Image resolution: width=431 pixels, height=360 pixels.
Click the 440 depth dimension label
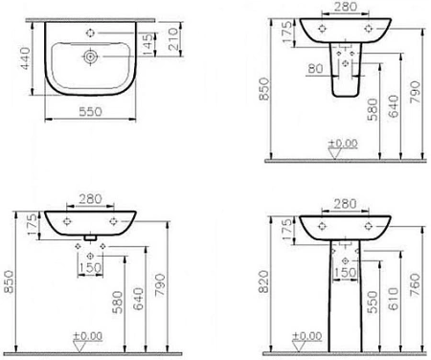[25, 58]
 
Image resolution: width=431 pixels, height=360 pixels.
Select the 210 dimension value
[172, 39]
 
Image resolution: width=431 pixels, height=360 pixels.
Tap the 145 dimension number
[147, 44]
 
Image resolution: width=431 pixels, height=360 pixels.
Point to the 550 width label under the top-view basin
[90, 112]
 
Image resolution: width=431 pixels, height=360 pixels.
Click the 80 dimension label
[315, 69]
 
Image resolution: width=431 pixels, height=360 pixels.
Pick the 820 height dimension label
[264, 281]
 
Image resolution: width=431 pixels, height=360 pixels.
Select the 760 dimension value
[415, 285]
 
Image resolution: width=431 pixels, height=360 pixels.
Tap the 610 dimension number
[394, 299]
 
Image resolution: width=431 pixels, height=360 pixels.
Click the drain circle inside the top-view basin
[90, 56]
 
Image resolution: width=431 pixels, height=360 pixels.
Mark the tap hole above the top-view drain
[90, 33]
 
